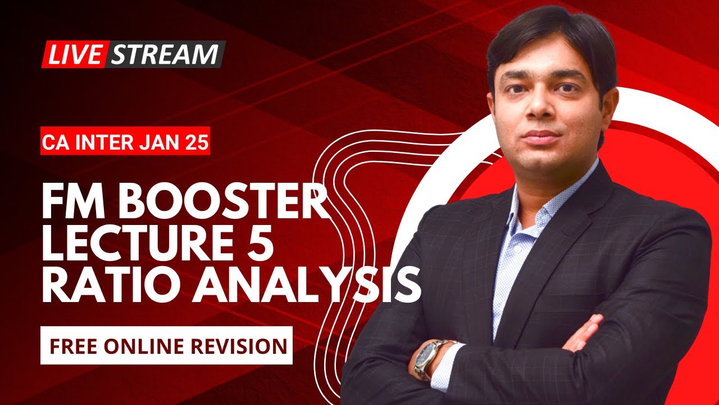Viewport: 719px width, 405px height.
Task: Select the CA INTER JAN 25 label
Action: pos(125,143)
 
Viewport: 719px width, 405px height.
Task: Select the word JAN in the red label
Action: pos(163,143)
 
